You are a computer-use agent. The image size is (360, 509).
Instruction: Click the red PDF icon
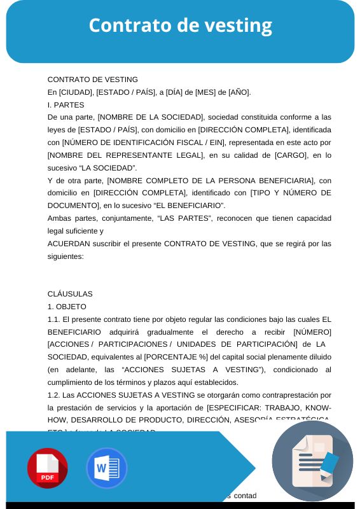[x=47, y=468]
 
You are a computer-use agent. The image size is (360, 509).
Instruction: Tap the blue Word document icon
[x=106, y=468]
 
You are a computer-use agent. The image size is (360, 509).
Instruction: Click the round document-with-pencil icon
[x=312, y=461]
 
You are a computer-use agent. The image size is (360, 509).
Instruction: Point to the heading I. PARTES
[x=66, y=104]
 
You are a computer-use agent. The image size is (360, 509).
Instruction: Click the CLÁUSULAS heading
[x=70, y=294]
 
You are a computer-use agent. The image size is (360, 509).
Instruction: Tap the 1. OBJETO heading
[x=62, y=307]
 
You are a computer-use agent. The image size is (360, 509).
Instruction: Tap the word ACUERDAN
[x=69, y=244]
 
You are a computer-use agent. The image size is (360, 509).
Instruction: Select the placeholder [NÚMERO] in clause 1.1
[x=312, y=332]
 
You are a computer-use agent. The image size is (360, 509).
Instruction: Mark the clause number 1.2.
[x=54, y=395]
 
